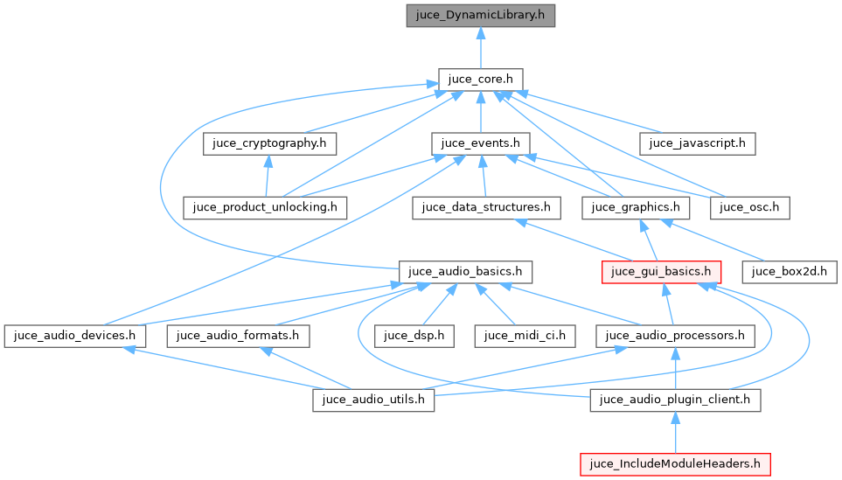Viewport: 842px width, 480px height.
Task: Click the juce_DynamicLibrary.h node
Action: [x=480, y=16]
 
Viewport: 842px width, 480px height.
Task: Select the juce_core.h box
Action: [x=480, y=80]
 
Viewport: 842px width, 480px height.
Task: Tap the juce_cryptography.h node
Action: [x=269, y=143]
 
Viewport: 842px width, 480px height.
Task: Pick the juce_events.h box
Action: [x=480, y=143]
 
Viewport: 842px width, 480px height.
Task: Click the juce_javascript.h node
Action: [x=697, y=143]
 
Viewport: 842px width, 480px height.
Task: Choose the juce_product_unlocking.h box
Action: [x=265, y=207]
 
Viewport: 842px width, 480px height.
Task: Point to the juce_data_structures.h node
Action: [x=486, y=207]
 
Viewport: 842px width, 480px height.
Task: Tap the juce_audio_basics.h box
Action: [x=465, y=271]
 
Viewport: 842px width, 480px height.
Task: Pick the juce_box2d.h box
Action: [x=790, y=271]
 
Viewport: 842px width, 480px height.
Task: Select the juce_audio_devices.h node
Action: [x=74, y=335]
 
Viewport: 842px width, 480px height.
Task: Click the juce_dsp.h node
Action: [x=414, y=335]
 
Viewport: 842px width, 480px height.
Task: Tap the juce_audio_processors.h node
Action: [x=675, y=335]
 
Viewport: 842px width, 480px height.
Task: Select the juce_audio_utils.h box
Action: [x=374, y=400]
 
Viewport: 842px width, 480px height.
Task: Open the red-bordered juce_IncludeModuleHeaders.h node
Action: [x=675, y=463]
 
